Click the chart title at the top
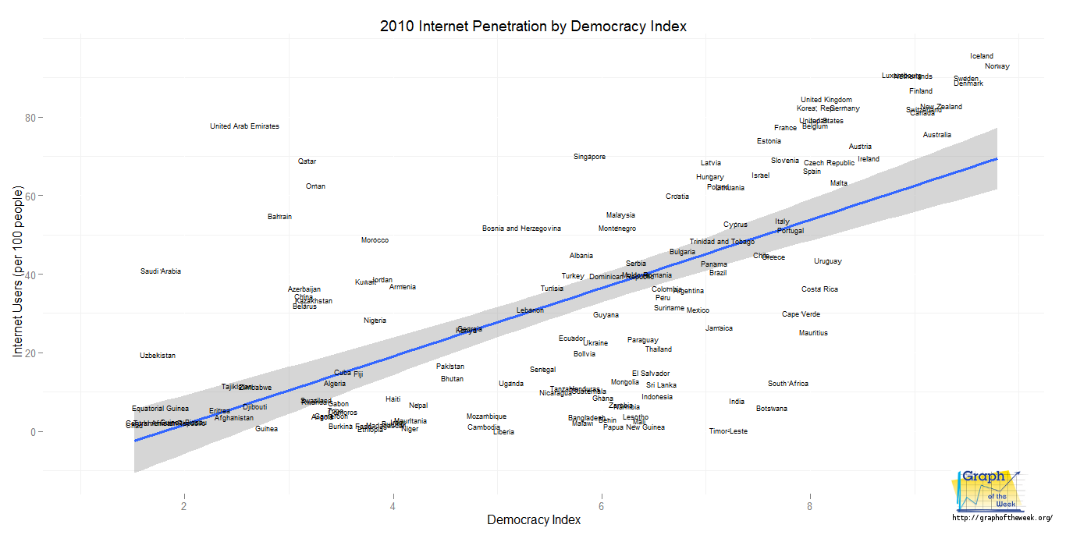[x=533, y=26]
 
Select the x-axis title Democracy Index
[x=534, y=519]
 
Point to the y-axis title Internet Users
[x=19, y=272]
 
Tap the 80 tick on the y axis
[x=31, y=118]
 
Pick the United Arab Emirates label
[x=244, y=126]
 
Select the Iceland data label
[x=982, y=56]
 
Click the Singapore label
[x=589, y=157]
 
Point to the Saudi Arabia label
[x=161, y=271]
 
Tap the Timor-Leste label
[x=728, y=431]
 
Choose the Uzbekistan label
[x=158, y=356]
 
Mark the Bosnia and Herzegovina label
[x=521, y=229]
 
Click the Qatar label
[x=307, y=161]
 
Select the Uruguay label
[x=828, y=261]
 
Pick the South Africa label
[x=788, y=384]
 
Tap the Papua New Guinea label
[x=634, y=427]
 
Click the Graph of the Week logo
[x=986, y=491]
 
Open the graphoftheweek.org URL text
[x=1003, y=518]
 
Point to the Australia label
[x=936, y=135]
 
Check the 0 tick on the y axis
[x=34, y=431]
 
